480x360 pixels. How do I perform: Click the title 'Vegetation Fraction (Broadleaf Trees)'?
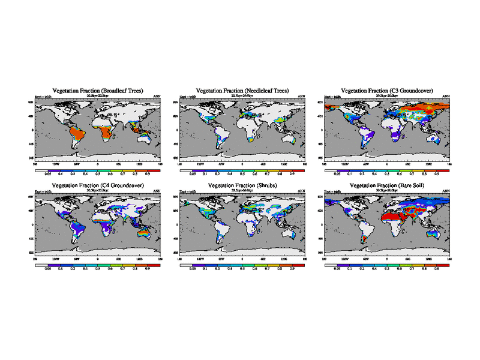point(98,91)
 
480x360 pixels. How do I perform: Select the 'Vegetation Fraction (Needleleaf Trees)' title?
point(242,91)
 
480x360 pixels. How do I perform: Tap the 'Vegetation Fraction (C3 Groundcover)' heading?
point(387,91)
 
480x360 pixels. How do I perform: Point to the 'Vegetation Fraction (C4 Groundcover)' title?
point(98,186)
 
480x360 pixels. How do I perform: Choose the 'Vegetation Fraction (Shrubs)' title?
point(242,186)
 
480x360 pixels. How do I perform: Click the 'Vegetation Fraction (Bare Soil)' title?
point(387,186)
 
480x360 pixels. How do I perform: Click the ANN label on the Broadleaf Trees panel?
point(157,96)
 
